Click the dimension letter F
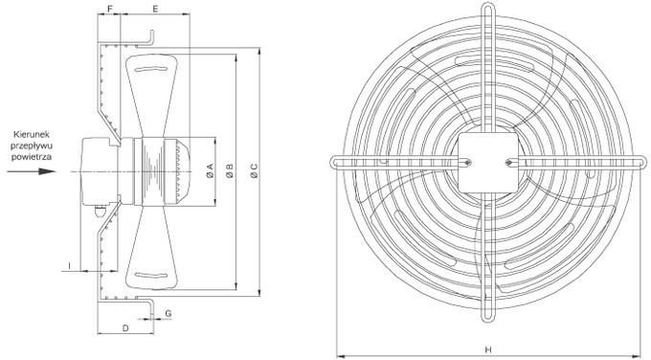tap(109, 9)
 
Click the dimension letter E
tap(155, 9)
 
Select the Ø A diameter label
tap(210, 171)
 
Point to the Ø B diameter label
tap(230, 171)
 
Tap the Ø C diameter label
tap(254, 171)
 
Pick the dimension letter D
tap(125, 328)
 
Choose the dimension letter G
tap(168, 313)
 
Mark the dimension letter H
tap(488, 349)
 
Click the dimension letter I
tap(70, 265)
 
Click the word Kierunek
tap(32, 135)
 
